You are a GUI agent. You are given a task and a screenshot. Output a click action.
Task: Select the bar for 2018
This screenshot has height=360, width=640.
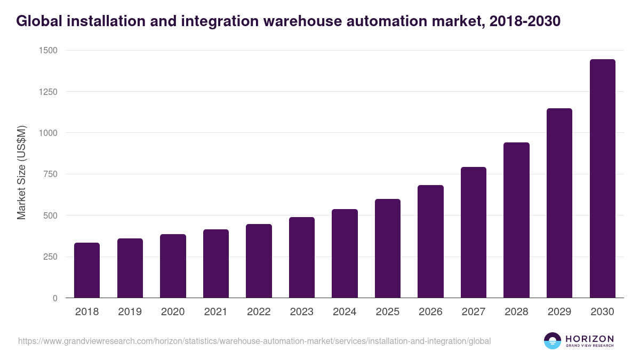[x=87, y=270]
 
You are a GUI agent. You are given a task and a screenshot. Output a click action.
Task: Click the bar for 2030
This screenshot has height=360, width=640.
[x=603, y=179]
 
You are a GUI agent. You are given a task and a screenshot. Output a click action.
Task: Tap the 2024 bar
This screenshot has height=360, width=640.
[x=345, y=253]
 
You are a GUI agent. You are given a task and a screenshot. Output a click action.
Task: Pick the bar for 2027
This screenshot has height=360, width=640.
[x=474, y=233]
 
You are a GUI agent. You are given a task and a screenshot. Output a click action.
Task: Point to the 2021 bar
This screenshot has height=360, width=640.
[x=216, y=263]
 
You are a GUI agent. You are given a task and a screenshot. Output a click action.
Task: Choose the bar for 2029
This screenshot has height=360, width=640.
[x=559, y=203]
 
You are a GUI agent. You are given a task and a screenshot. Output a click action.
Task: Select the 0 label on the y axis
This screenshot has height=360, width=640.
[x=55, y=298]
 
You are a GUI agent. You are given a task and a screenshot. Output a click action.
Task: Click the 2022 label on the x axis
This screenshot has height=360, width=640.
[x=259, y=312]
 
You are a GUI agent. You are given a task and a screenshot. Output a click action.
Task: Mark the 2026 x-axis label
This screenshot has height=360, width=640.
[x=430, y=312]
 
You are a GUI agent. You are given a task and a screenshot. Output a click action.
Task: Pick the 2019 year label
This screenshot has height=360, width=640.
[x=130, y=312]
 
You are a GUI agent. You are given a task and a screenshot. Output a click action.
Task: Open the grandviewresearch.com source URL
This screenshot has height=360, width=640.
[x=254, y=341]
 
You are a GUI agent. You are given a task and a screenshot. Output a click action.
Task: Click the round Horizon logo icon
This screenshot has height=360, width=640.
[x=553, y=341]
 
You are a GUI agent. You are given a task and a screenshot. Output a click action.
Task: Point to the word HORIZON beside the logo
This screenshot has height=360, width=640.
[x=590, y=338]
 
